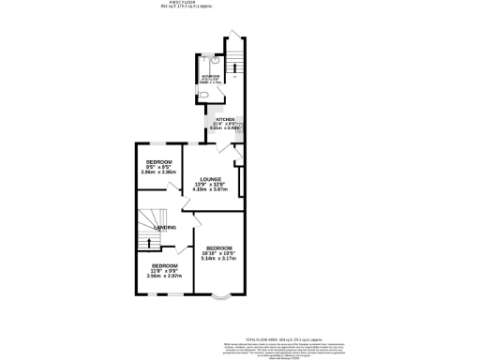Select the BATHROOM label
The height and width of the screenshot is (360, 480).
tap(209, 76)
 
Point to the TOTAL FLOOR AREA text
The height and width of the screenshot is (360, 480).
tap(282, 337)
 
